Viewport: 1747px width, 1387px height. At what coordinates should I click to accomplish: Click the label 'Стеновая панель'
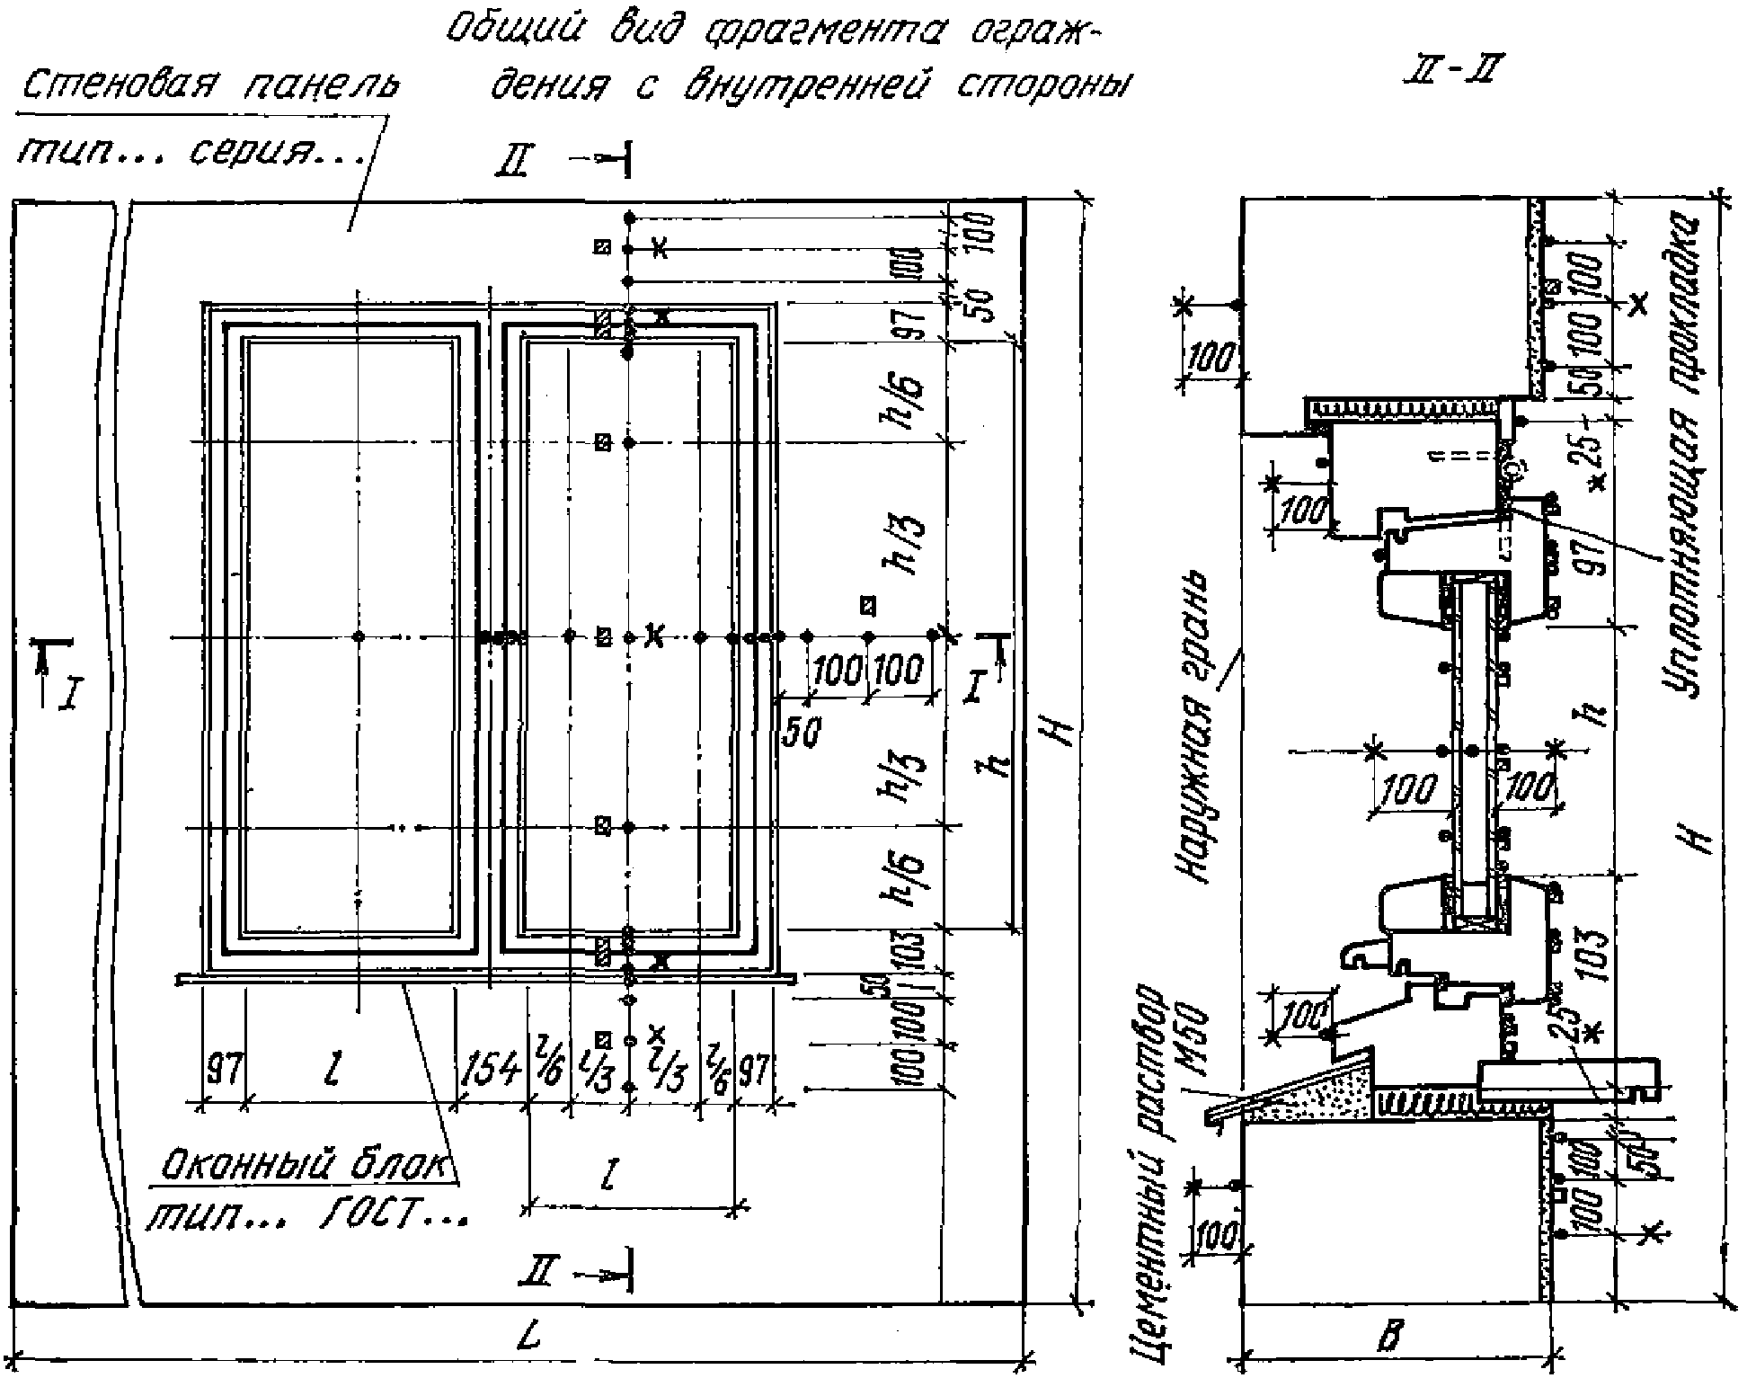click(x=208, y=86)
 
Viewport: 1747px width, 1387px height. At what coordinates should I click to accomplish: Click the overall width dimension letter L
click(x=530, y=1336)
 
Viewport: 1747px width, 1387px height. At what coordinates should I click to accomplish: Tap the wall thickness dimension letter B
click(x=1389, y=1338)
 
